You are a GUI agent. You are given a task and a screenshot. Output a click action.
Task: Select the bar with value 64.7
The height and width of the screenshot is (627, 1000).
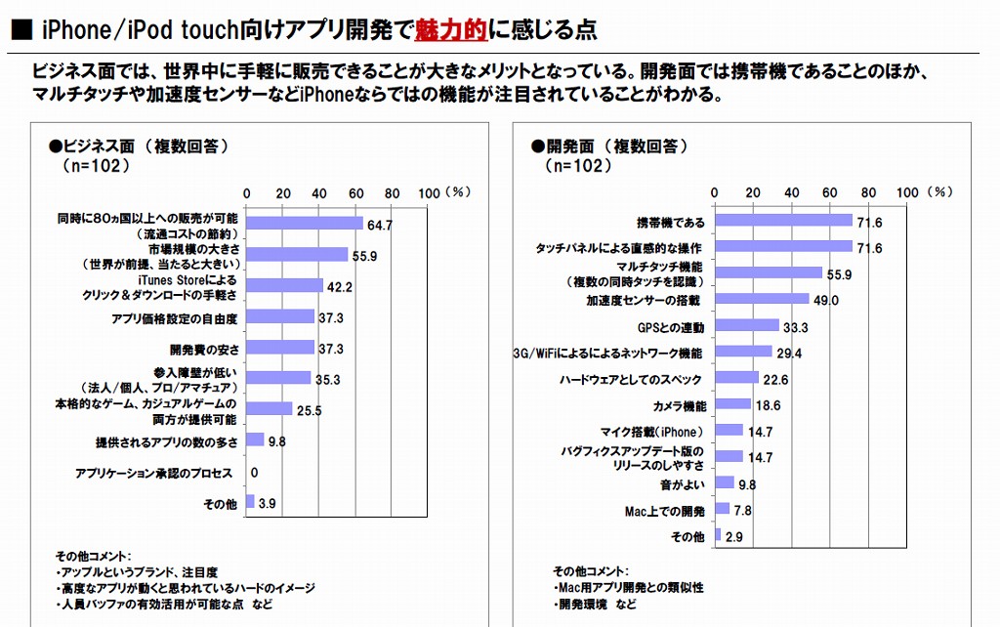coord(305,225)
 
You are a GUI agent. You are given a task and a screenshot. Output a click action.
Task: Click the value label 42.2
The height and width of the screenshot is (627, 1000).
coord(339,286)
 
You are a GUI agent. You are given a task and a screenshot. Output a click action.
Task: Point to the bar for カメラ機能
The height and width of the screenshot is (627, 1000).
coord(733,404)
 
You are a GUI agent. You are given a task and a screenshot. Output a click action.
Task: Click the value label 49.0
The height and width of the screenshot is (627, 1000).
coord(829,300)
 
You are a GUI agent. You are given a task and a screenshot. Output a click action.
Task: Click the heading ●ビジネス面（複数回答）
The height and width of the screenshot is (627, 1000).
coord(138,146)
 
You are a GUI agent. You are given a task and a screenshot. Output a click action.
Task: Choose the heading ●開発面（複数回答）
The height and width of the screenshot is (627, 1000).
coord(610,146)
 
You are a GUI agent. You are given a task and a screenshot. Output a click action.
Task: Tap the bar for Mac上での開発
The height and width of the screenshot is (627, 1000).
coord(723,509)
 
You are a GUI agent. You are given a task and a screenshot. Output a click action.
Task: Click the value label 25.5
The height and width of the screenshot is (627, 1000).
coord(309,410)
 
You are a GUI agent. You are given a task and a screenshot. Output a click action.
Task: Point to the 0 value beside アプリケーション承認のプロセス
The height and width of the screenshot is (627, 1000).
coord(254,473)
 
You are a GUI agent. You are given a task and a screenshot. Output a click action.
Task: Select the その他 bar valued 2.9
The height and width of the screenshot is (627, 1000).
coord(718,535)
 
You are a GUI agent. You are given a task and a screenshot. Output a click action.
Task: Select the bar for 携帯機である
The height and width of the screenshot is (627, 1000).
coord(784,222)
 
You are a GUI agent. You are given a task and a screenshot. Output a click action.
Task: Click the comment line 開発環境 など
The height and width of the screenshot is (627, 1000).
coord(596,606)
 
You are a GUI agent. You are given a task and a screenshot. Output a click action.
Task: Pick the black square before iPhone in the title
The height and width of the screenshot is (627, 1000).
coord(20,31)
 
